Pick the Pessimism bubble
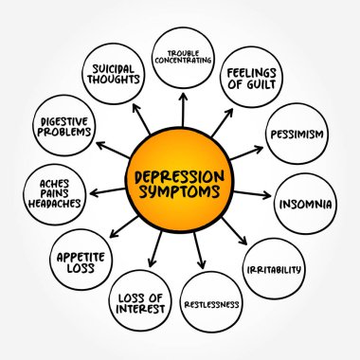(x=296, y=134)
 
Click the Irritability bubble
(x=273, y=270)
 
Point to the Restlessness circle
(x=211, y=304)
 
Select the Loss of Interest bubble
(x=139, y=303)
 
